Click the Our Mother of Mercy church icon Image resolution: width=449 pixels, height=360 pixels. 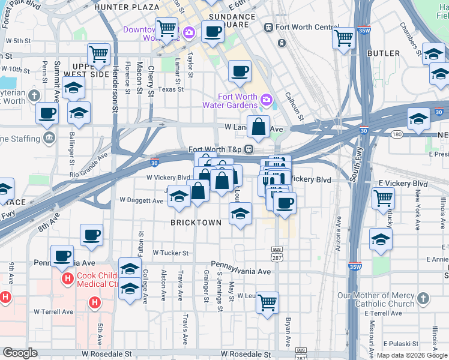(x=423, y=298)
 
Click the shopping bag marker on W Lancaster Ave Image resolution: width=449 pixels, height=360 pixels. (x=258, y=127)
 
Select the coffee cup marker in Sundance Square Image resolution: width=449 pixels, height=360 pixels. (x=212, y=31)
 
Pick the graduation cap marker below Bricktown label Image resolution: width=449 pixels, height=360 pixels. (x=240, y=214)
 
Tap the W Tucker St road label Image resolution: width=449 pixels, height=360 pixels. (x=170, y=253)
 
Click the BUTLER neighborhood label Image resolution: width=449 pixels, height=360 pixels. (x=383, y=53)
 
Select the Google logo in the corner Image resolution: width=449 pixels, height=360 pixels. (x=20, y=353)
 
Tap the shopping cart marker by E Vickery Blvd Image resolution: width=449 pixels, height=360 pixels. (x=383, y=198)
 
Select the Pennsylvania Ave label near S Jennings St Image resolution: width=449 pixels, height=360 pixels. (x=240, y=272)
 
